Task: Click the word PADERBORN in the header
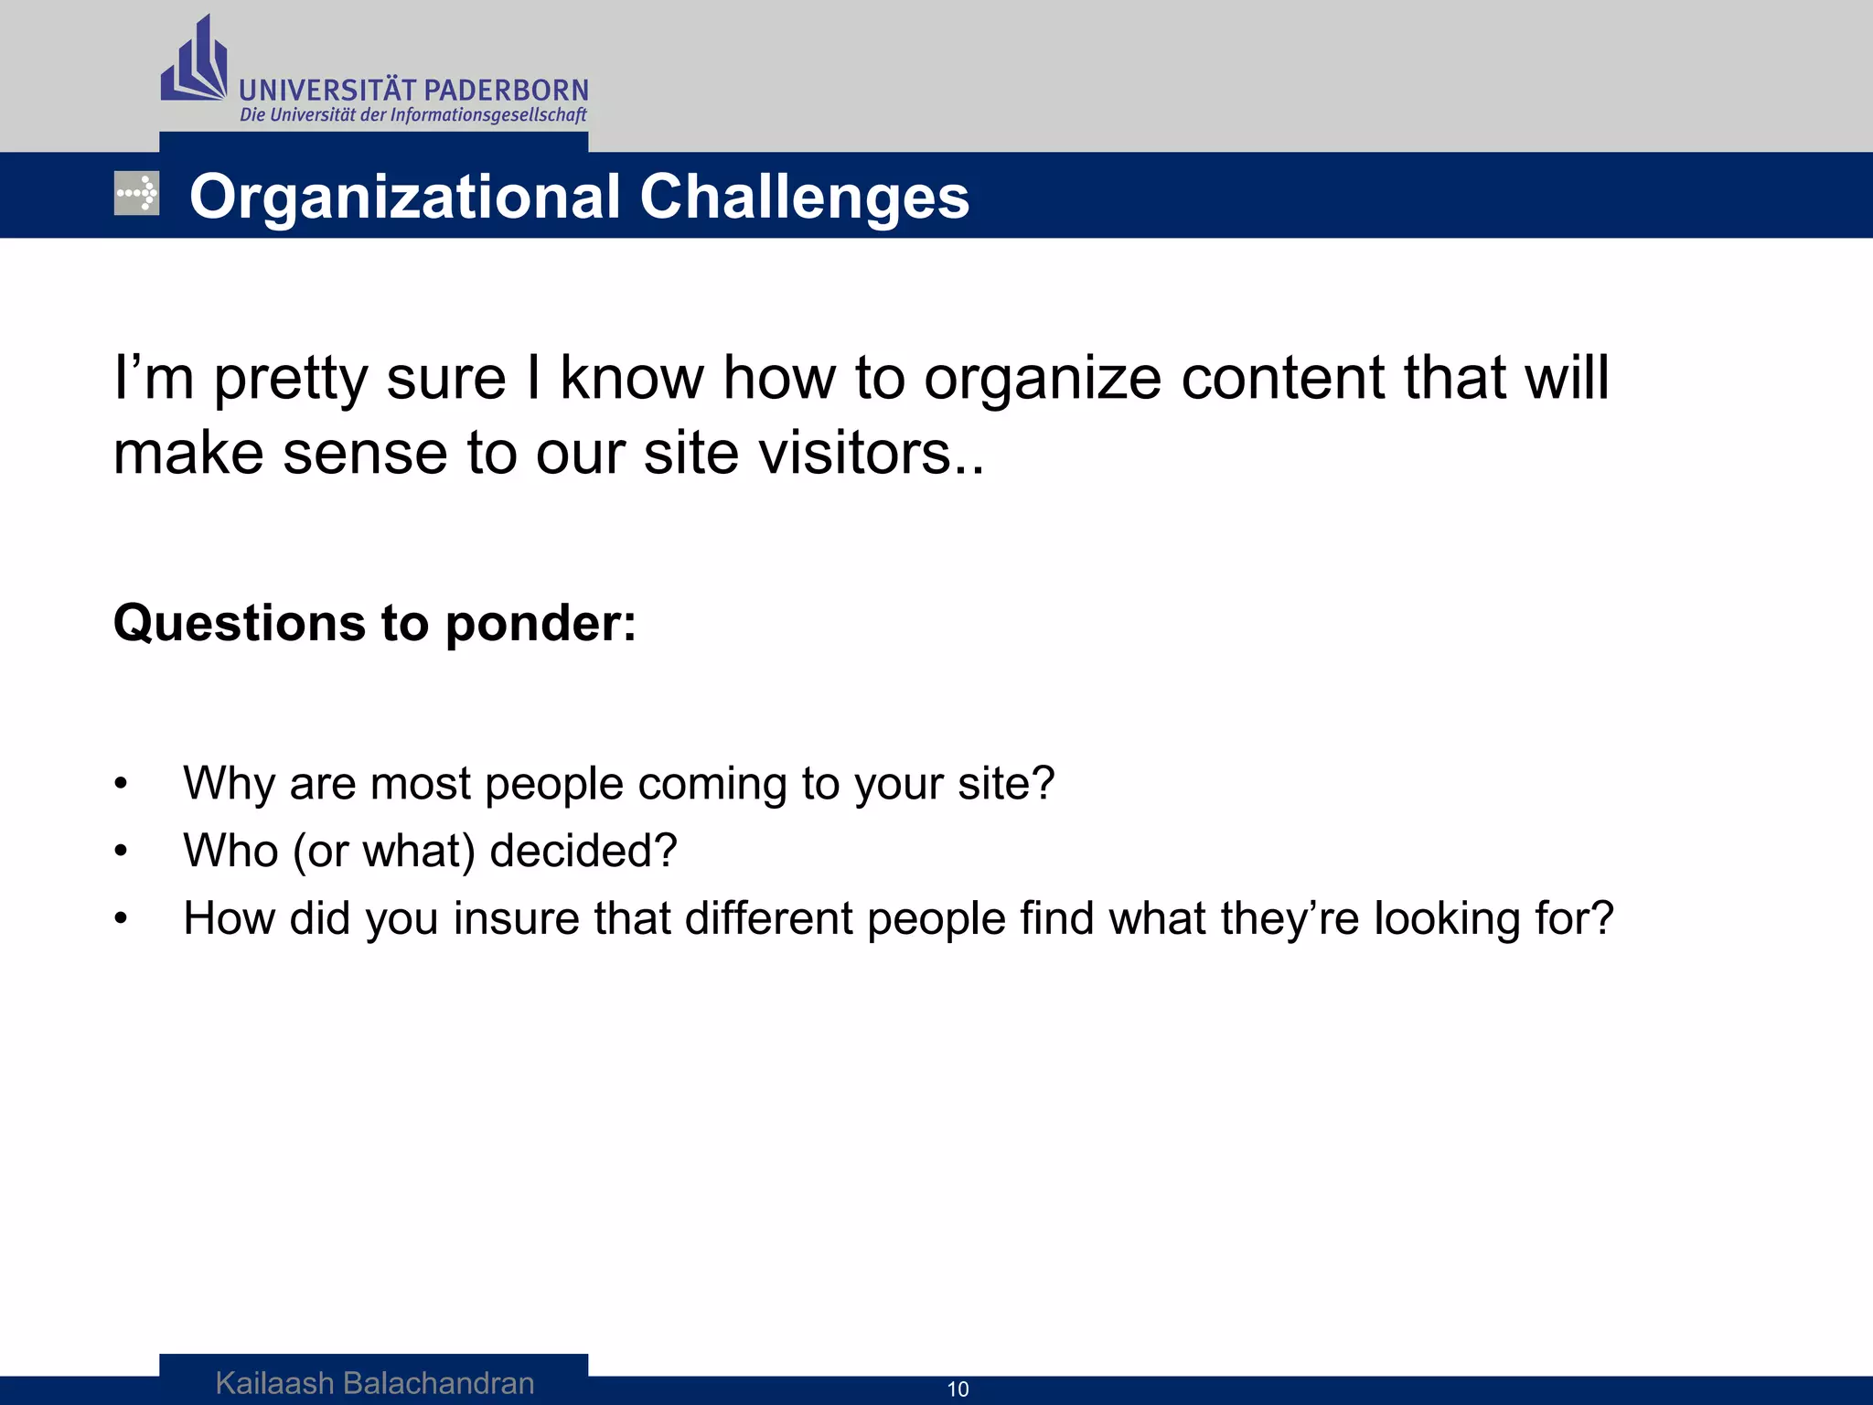click(x=507, y=91)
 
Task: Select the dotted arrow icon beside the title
click(x=136, y=193)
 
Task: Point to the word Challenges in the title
click(x=804, y=197)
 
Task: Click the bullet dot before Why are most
click(x=121, y=784)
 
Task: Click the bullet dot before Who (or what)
click(x=121, y=852)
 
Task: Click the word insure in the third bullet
click(x=516, y=918)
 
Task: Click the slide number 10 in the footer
click(x=958, y=1389)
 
